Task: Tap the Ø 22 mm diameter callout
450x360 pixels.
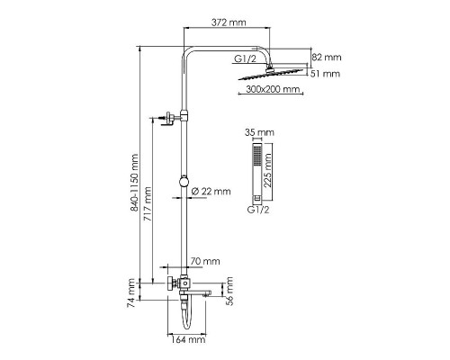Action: [x=212, y=191]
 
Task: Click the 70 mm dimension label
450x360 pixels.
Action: [x=206, y=261]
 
